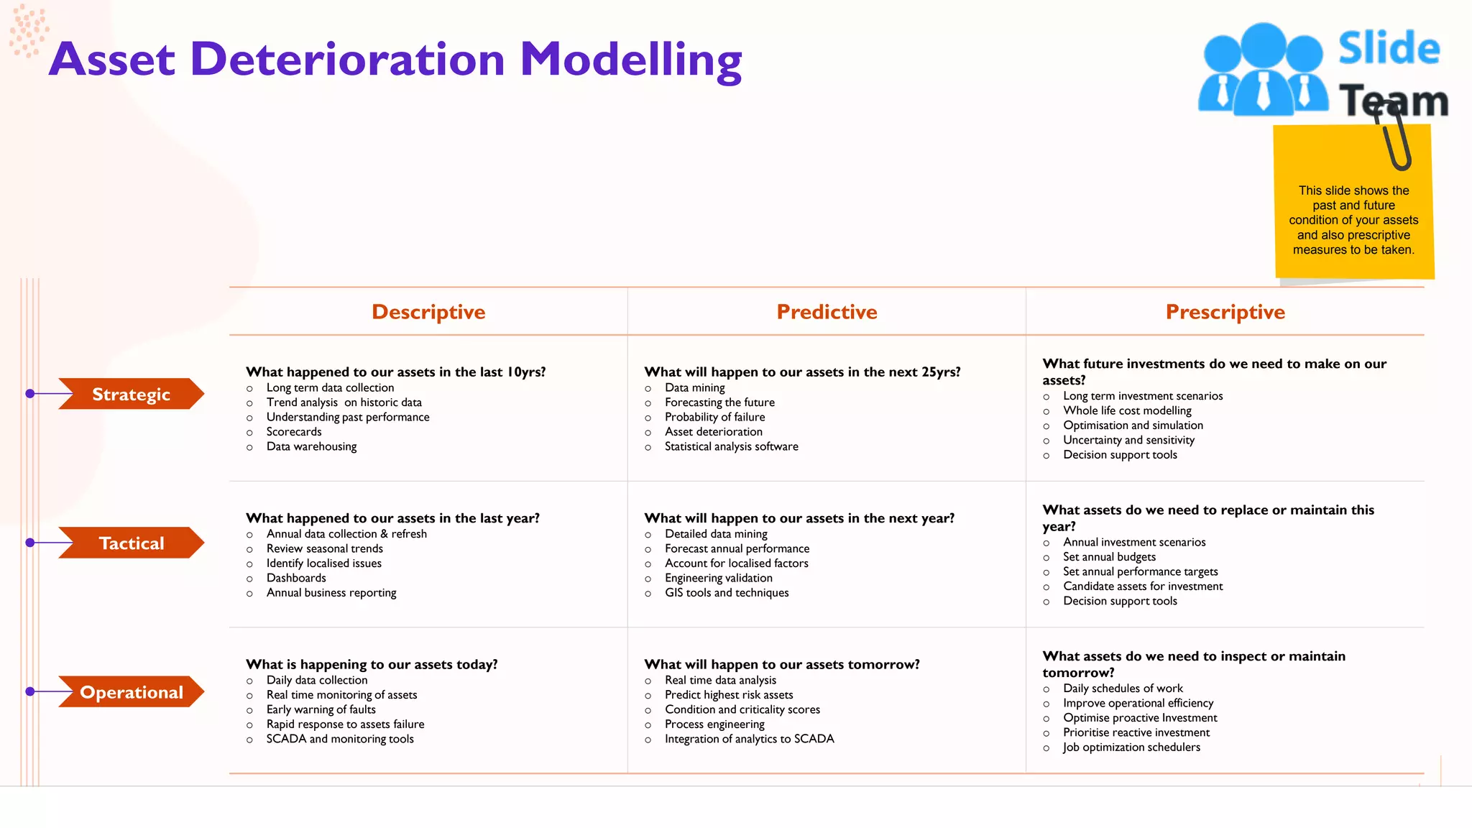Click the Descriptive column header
[428, 312]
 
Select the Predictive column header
[827, 312]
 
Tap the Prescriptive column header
[1225, 312]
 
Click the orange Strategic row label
[132, 395]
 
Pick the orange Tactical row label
[132, 543]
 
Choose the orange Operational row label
[132, 692]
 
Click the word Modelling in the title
[630, 60]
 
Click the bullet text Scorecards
[294, 432]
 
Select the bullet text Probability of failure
[714, 417]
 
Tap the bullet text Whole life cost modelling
[1127, 410]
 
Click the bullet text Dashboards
[296, 578]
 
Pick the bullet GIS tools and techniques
[727, 593]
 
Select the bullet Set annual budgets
[1109, 557]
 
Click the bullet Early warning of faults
[321, 709]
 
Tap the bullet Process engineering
[714, 724]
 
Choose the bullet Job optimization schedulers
[1131, 747]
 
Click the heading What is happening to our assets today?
[372, 664]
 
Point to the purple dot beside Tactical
[30, 543]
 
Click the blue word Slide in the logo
[1389, 49]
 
